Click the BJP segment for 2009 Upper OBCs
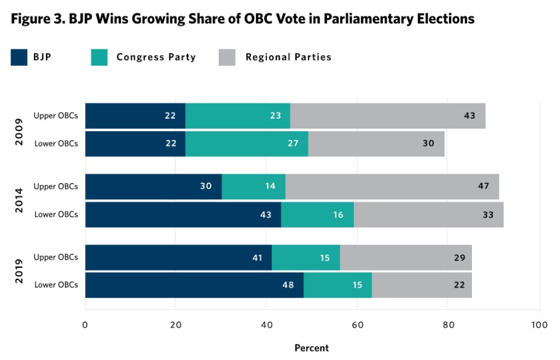coord(135,116)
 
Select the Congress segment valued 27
coord(247,143)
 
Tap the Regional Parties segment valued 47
coord(392,186)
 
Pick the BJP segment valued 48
coord(194,285)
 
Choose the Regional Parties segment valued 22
coord(422,285)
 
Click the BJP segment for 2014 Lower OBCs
coord(183,214)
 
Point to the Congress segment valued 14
coord(253,186)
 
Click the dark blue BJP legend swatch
coord(19,58)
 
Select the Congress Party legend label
coord(156,57)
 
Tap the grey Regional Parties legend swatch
coord(227,58)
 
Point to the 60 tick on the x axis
coord(357,325)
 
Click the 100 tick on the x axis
coord(539,325)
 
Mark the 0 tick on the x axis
coord(85,325)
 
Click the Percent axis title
coord(311,348)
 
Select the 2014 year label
coord(19,200)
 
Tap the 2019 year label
coord(19,271)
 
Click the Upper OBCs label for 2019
coord(56,257)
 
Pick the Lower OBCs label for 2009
coord(56,143)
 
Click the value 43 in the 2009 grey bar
coord(469,116)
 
